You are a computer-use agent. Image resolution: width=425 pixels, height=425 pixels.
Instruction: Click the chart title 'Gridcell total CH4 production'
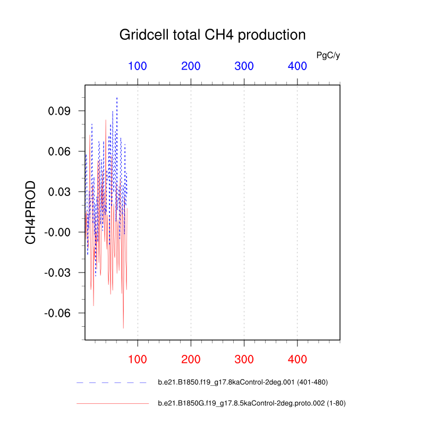pos(212,35)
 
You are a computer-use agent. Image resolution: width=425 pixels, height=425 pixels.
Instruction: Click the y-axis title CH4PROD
pos(30,212)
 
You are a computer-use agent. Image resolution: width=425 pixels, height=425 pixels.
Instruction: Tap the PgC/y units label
pos(328,56)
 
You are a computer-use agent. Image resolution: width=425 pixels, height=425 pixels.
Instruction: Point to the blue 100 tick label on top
pos(138,66)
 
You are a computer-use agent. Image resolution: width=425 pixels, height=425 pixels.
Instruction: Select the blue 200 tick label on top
pos(191,66)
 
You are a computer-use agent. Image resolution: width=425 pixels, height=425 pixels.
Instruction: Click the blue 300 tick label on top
pos(244,66)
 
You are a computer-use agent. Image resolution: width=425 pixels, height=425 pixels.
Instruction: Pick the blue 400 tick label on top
pos(297,66)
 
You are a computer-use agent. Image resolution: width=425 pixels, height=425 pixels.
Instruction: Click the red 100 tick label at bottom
pos(138,360)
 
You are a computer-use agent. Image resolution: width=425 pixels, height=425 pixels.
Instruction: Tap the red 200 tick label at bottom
pos(191,360)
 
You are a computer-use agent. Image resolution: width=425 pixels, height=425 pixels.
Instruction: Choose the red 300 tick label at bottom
pos(244,360)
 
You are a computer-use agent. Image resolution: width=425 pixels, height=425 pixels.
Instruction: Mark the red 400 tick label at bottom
pos(297,360)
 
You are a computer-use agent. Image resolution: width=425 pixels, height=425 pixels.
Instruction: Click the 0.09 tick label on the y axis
pos(59,111)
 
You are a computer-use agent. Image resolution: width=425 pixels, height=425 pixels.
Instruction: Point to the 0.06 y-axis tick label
pos(59,151)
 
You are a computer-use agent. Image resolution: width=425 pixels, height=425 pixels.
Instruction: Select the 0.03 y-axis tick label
pos(59,192)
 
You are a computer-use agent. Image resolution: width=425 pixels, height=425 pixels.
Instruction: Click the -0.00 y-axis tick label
pos(57,232)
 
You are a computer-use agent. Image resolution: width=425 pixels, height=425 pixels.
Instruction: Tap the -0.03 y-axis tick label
pos(57,273)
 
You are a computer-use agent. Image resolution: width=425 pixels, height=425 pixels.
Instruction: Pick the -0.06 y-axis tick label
pos(57,313)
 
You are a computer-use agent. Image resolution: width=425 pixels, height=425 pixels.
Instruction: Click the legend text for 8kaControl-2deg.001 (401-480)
pos(243,382)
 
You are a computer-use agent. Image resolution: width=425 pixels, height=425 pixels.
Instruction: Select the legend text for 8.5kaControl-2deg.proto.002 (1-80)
pos(252,403)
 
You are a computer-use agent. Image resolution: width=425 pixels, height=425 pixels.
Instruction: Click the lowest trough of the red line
pos(123,328)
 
